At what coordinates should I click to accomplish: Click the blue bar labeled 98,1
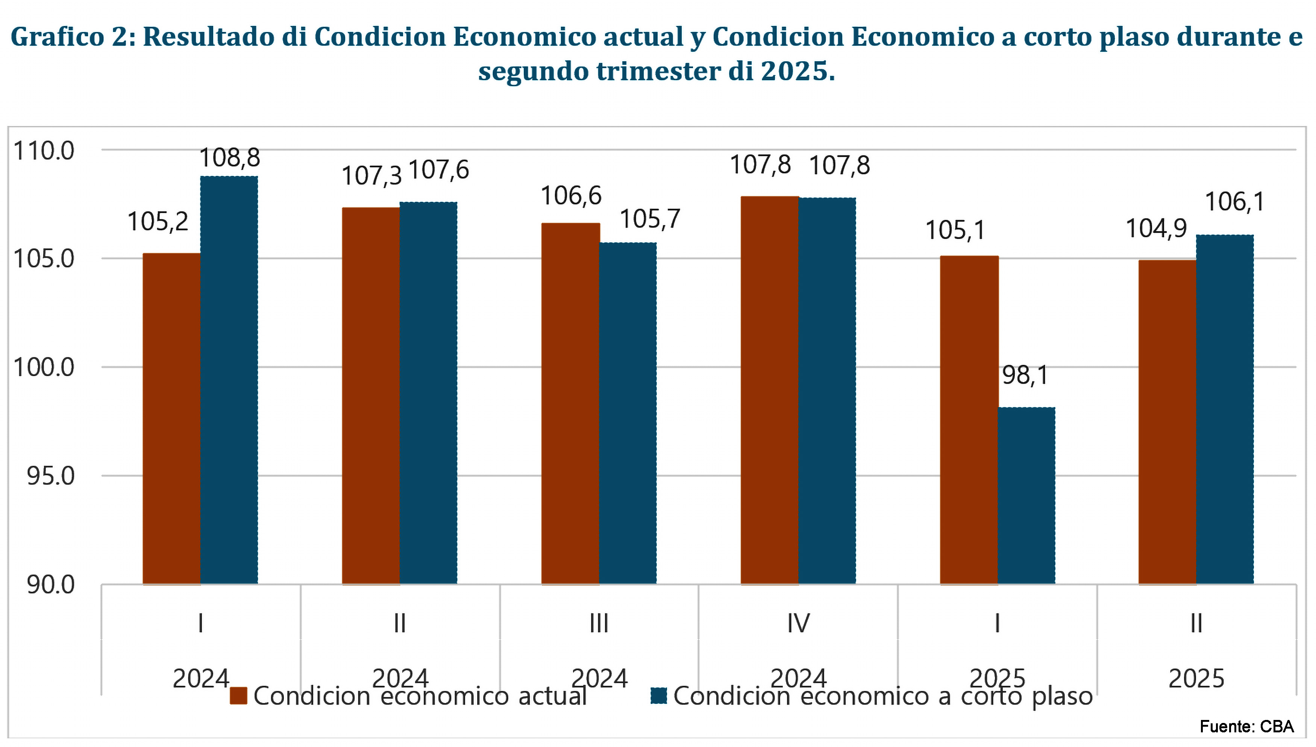(x=1026, y=496)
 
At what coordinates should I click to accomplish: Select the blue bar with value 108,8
(x=229, y=380)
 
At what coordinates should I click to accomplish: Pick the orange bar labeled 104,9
(x=1167, y=422)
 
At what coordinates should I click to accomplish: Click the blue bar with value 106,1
(x=1225, y=410)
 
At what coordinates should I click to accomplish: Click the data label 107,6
(x=439, y=170)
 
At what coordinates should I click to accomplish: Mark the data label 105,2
(x=158, y=222)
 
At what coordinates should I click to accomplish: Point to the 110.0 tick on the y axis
(x=44, y=151)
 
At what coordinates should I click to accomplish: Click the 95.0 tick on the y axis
(x=50, y=476)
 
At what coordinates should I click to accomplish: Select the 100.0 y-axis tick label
(x=44, y=367)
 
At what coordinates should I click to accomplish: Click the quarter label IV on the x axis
(x=798, y=624)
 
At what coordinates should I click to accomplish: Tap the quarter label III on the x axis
(x=599, y=624)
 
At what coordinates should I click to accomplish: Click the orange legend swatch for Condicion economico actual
(x=239, y=696)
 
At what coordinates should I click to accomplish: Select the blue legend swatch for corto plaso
(x=658, y=696)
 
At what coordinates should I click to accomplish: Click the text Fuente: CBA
(x=1247, y=726)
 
